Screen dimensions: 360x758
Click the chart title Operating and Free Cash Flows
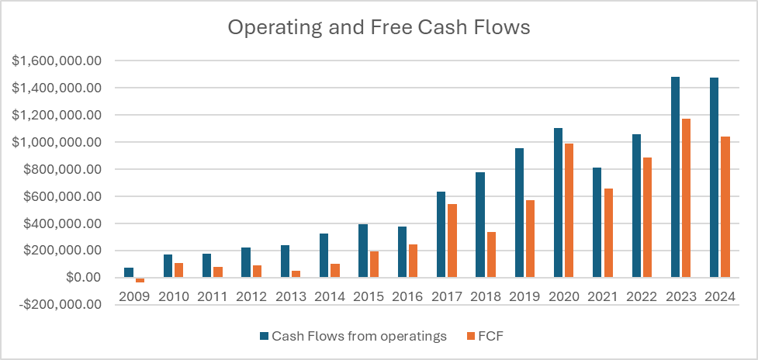379,28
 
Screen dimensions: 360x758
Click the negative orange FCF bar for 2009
140,280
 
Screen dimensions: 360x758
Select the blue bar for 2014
324,255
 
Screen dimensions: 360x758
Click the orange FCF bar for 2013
296,274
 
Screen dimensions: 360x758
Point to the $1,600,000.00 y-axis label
57,61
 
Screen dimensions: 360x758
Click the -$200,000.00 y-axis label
57,305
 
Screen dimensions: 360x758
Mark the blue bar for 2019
519,213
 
